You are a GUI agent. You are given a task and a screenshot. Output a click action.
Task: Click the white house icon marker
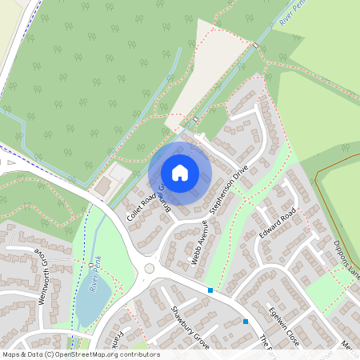tap(180, 173)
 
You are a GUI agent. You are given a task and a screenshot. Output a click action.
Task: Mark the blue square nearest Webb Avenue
tap(210, 290)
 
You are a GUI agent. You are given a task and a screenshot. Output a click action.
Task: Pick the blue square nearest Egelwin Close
tap(245, 321)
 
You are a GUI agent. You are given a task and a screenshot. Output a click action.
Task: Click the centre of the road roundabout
tap(147, 269)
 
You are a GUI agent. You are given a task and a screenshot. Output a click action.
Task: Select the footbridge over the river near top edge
tap(254, 46)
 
